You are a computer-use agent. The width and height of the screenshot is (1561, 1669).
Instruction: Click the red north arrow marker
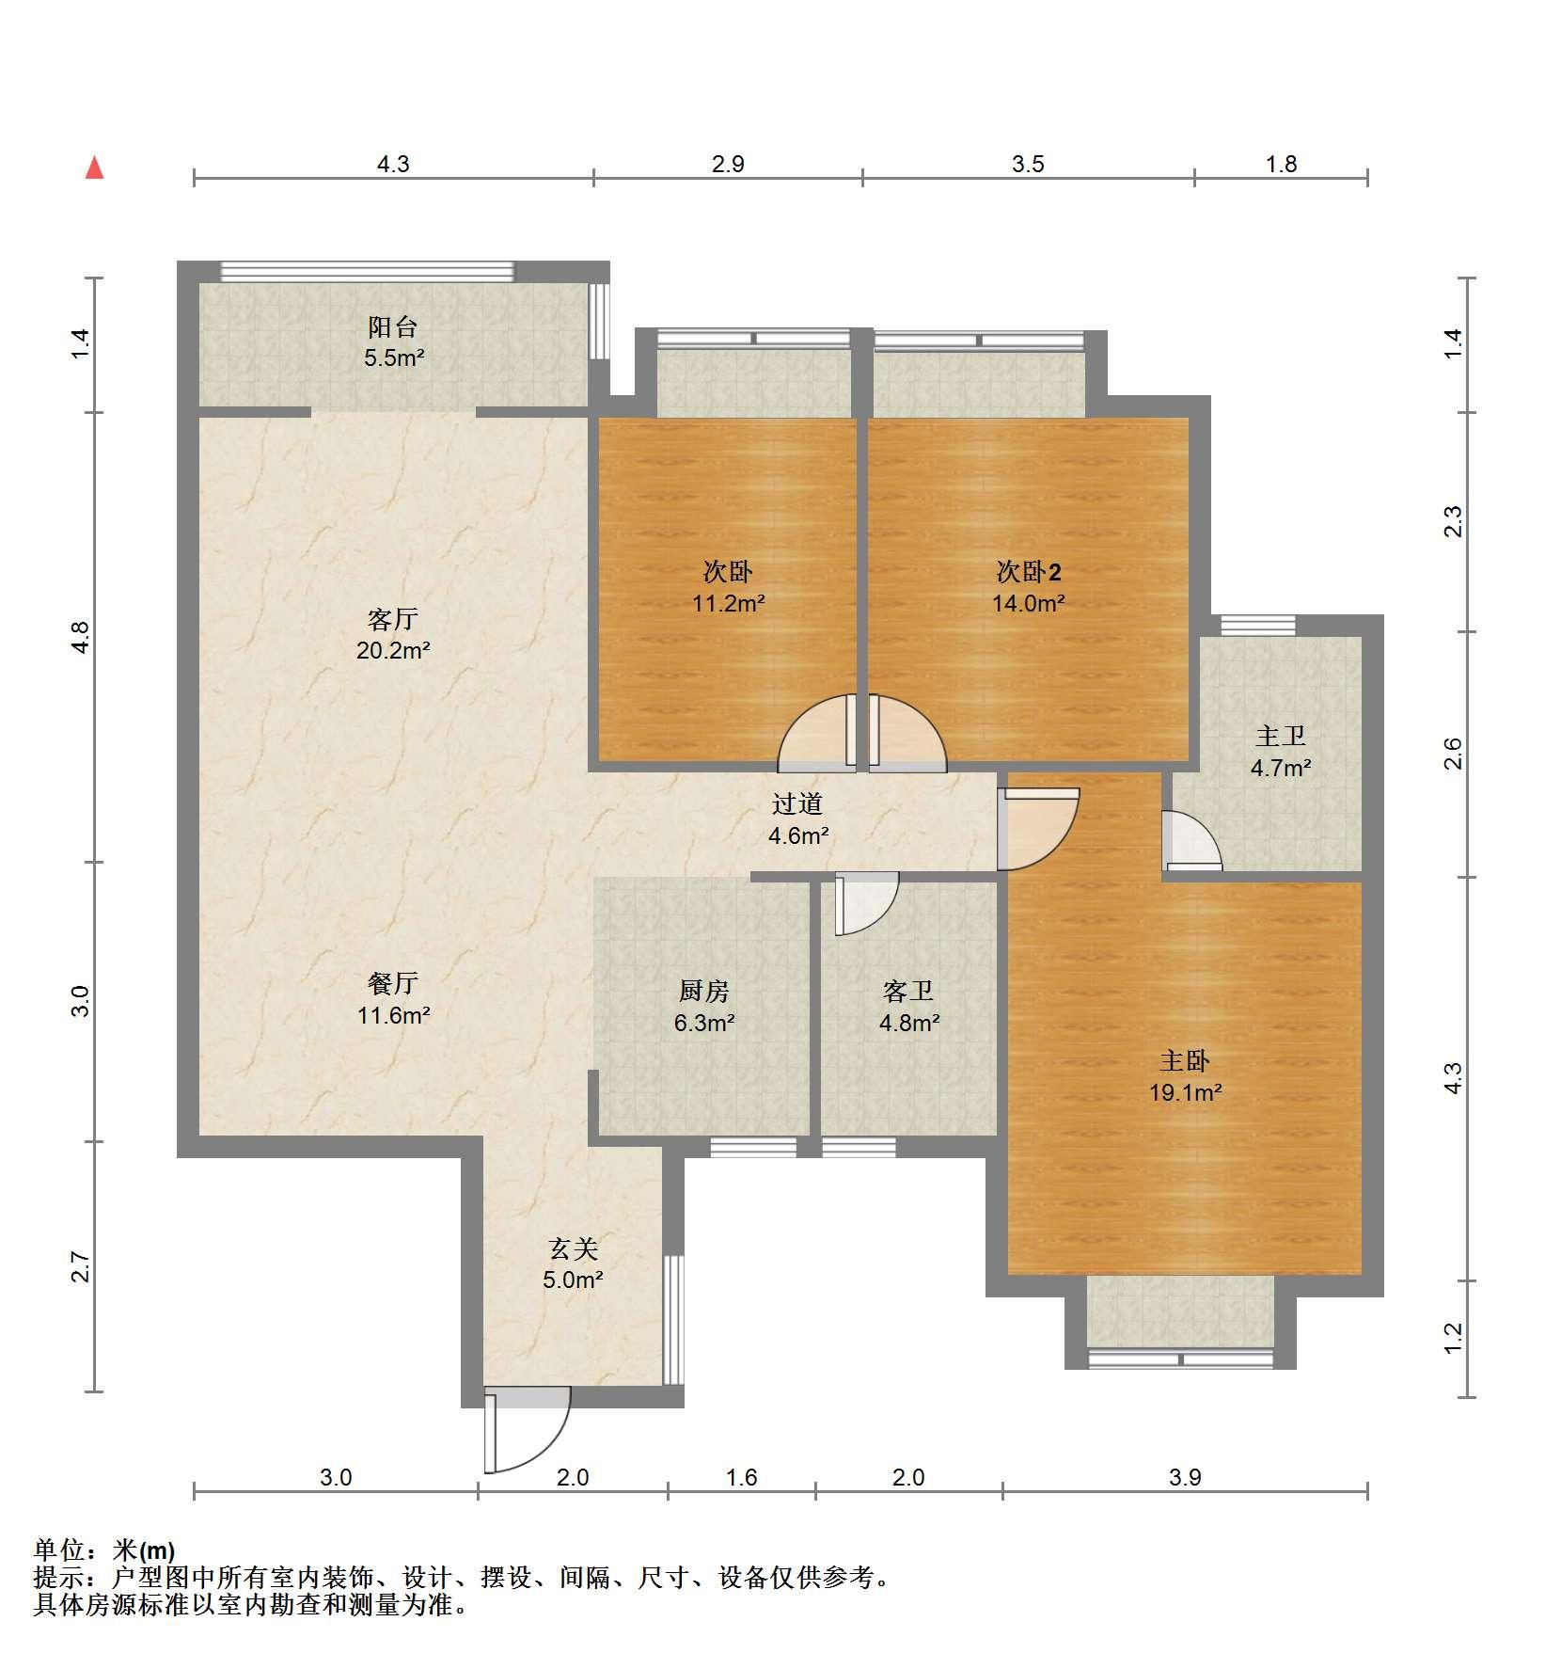click(94, 167)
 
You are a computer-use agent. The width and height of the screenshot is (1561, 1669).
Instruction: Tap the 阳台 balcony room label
click(393, 342)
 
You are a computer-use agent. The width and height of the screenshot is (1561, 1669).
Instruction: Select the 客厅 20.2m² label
click(393, 634)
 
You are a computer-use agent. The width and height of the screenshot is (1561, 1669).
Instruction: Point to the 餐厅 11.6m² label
click(393, 999)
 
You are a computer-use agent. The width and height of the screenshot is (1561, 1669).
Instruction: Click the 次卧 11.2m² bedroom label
click(728, 586)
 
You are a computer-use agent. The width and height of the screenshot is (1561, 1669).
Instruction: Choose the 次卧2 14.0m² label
click(1029, 586)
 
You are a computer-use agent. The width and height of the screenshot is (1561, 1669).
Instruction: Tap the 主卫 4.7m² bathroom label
click(1281, 752)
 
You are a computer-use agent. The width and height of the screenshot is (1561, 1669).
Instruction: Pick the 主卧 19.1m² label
click(1185, 1076)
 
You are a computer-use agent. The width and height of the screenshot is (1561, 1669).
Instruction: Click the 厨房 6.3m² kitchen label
click(703, 1006)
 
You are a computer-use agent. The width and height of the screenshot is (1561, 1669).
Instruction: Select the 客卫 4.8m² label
click(908, 1006)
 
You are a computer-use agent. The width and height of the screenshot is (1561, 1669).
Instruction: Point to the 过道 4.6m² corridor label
click(797, 819)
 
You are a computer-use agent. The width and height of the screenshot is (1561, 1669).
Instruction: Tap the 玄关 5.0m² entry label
click(573, 1264)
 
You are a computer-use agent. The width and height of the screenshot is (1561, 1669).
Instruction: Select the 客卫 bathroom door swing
click(866, 903)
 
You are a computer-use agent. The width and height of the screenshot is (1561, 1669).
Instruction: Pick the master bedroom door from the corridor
click(1038, 829)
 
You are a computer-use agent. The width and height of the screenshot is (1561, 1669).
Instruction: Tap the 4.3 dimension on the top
click(393, 164)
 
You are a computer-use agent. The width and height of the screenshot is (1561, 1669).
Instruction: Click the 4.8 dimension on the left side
click(82, 637)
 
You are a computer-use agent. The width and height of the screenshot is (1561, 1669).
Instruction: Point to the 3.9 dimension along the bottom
click(1185, 1477)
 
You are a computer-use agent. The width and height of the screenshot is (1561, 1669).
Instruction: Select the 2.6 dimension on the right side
click(1453, 754)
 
